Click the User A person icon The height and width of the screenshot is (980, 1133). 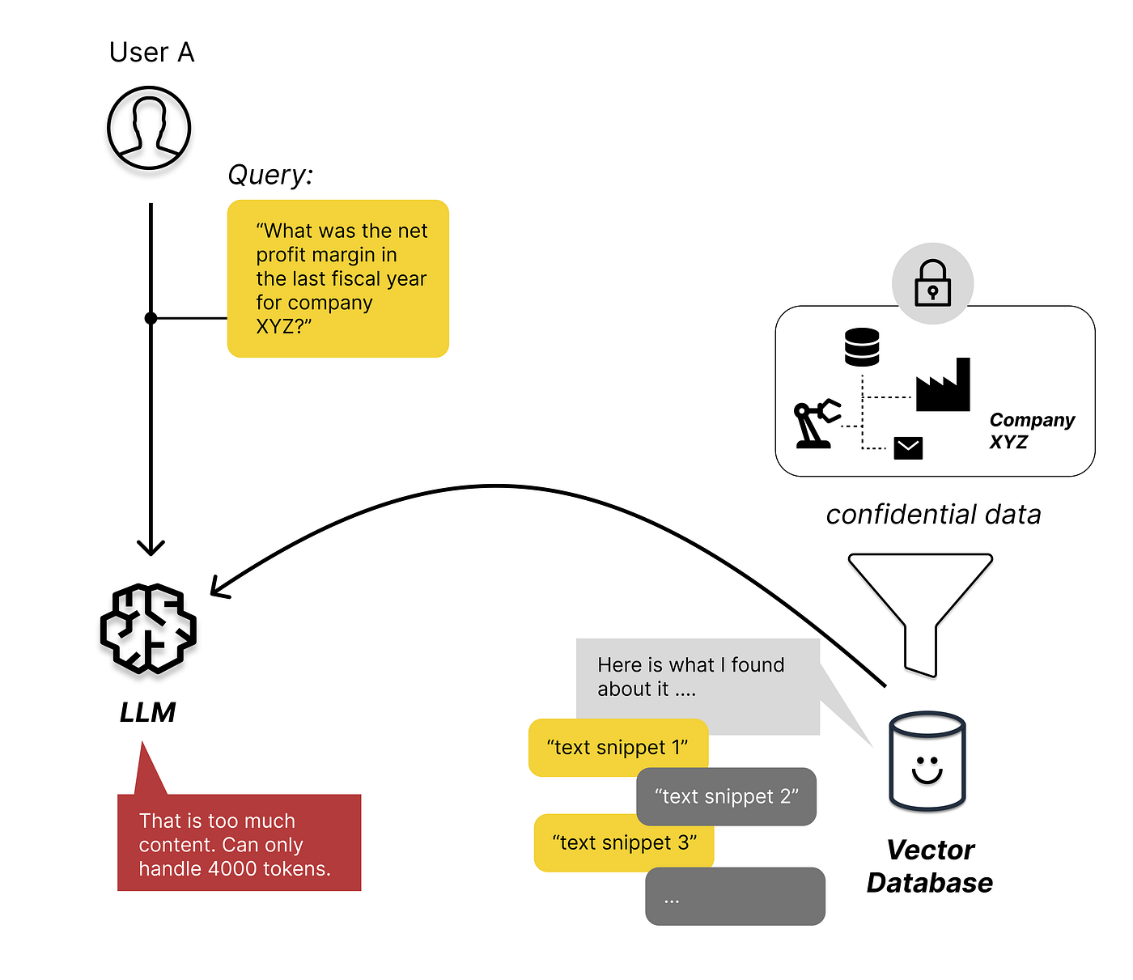click(x=149, y=128)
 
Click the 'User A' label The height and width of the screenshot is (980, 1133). click(x=151, y=53)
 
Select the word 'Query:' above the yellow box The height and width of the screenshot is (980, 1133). click(x=269, y=175)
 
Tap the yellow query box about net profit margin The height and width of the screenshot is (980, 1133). click(x=338, y=278)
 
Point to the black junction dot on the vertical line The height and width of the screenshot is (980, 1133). click(x=151, y=318)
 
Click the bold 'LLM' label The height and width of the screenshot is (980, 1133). click(x=147, y=712)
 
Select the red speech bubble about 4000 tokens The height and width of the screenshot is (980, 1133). click(x=239, y=843)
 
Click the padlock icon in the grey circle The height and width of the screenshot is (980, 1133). click(x=932, y=283)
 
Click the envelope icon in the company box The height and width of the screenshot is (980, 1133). click(x=908, y=448)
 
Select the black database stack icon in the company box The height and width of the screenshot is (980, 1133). click(x=861, y=347)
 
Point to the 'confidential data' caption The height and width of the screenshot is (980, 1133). click(x=933, y=515)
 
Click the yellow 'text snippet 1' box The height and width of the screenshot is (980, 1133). click(x=617, y=748)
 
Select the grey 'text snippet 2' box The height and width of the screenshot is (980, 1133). click(x=726, y=797)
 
